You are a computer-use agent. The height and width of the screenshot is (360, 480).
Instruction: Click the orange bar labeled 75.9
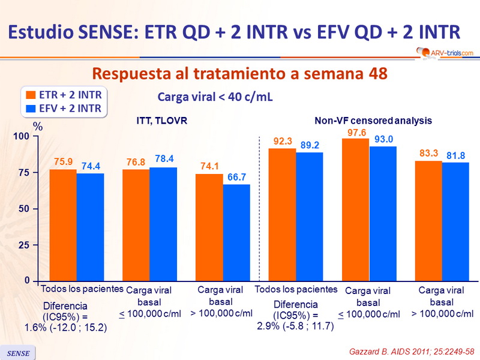pyautogui.click(x=62, y=225)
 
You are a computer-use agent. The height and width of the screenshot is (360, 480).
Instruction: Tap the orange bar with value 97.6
pyautogui.click(x=355, y=209)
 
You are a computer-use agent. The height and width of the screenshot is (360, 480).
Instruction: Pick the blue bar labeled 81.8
pyautogui.click(x=455, y=221)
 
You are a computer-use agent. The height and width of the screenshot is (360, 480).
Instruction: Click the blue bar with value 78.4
pyautogui.click(x=163, y=224)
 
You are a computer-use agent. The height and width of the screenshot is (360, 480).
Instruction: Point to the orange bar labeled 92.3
pyautogui.click(x=282, y=214)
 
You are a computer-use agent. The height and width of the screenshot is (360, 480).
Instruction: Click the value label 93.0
pyautogui.click(x=383, y=139)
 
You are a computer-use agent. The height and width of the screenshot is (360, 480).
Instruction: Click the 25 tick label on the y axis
pyautogui.click(x=22, y=245)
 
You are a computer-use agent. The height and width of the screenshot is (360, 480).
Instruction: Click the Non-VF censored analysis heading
pyautogui.click(x=373, y=121)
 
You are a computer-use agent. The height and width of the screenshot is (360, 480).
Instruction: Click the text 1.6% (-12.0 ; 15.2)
pyautogui.click(x=66, y=327)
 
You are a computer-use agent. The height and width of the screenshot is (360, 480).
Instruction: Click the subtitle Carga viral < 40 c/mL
pyautogui.click(x=215, y=97)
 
